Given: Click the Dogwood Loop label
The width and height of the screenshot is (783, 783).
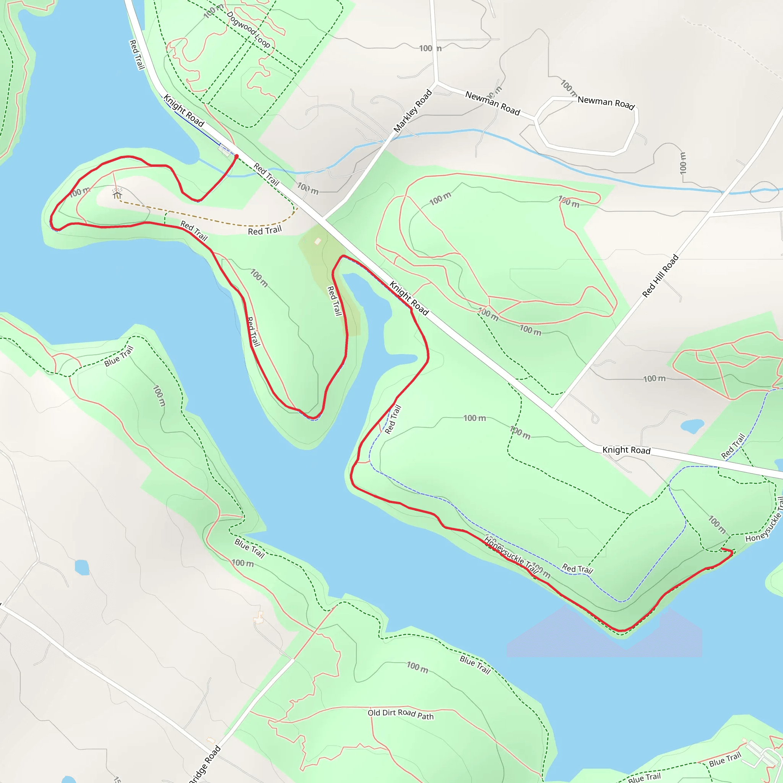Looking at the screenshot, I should click(x=248, y=29).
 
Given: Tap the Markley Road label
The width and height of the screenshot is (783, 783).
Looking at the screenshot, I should click(x=413, y=111).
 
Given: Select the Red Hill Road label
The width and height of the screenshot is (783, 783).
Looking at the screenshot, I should click(x=660, y=276).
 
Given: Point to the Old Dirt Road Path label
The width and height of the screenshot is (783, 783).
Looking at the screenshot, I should click(x=400, y=714).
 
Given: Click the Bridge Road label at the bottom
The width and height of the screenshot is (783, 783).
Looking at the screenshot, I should click(x=205, y=764).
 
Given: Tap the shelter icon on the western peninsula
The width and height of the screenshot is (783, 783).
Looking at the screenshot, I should click(x=117, y=194).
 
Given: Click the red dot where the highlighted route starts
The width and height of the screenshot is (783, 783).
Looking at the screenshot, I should click(x=237, y=156).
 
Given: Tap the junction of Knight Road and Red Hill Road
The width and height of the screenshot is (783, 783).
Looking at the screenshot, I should click(x=554, y=410).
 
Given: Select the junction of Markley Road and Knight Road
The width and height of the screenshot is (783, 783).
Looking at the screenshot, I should click(x=324, y=219).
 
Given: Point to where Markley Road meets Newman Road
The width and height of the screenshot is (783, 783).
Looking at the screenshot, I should click(x=437, y=83).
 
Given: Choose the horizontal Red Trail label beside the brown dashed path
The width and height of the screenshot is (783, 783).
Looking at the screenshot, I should click(x=265, y=231).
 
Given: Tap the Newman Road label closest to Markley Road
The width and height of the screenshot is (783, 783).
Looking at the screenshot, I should click(x=492, y=103).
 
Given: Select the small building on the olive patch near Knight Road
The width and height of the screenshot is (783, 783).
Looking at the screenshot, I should click(x=318, y=242).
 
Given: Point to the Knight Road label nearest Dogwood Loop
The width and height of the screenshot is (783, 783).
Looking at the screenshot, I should click(x=184, y=110).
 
